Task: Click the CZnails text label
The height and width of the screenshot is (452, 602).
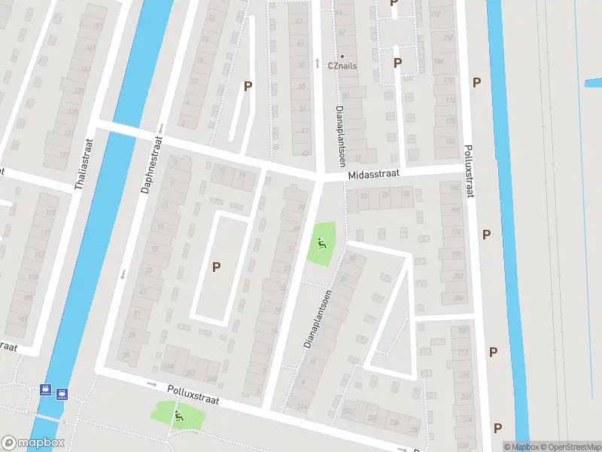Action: (x=342, y=66)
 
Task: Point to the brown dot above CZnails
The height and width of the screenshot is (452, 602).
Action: (x=342, y=56)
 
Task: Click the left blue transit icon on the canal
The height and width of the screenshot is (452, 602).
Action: (x=46, y=392)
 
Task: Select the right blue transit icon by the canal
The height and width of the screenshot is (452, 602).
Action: (x=62, y=392)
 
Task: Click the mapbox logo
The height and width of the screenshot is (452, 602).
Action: (x=32, y=443)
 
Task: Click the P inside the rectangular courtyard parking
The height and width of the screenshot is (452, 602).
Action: (x=217, y=266)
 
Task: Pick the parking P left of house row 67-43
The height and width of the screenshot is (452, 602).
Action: (x=247, y=86)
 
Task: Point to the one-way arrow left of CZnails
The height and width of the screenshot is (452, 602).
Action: (x=318, y=63)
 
